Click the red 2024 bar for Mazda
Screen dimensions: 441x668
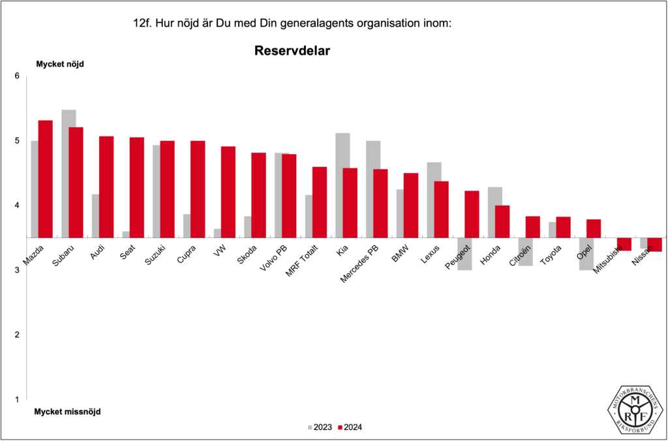[45, 179]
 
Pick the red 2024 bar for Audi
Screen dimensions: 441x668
[106, 187]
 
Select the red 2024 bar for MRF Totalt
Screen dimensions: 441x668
[320, 202]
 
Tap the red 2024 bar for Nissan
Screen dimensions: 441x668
[655, 245]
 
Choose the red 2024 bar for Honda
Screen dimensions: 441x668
[502, 221]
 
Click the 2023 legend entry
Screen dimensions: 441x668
[319, 427]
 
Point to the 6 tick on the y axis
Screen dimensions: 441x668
[18, 76]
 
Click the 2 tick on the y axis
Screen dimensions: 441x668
[18, 335]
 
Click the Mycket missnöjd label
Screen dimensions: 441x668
[67, 412]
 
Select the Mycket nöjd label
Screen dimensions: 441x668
[59, 64]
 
